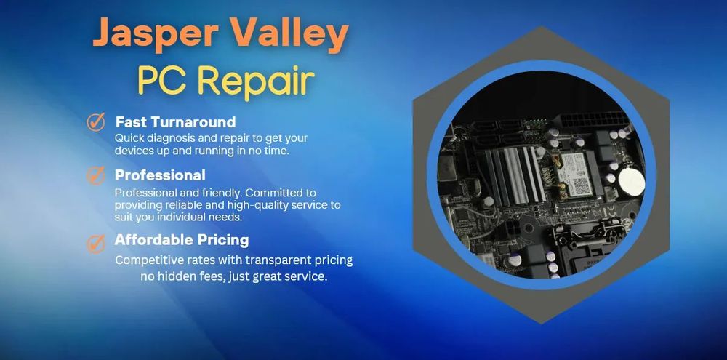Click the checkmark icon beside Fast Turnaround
point(96,121)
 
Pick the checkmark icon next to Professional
point(95,175)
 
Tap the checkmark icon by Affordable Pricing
point(96,243)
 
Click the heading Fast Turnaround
point(175,122)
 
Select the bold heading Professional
point(160,175)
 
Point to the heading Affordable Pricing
point(182,240)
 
